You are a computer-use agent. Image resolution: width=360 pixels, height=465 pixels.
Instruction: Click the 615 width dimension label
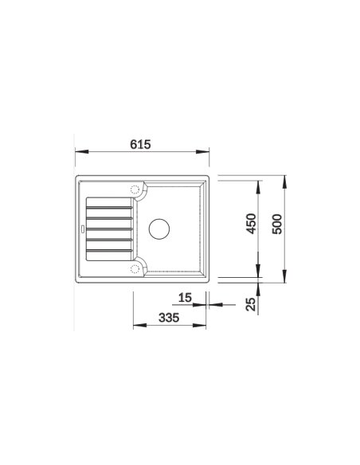(140, 144)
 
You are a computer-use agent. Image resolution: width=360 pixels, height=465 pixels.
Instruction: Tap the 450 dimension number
(251, 223)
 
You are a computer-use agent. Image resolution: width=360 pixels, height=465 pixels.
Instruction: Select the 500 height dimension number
(277, 224)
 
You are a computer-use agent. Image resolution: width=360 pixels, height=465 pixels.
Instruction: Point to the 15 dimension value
(185, 298)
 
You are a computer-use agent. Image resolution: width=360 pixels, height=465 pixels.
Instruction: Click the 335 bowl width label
(169, 318)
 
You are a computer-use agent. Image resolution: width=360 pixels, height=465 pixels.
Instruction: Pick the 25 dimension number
(251, 303)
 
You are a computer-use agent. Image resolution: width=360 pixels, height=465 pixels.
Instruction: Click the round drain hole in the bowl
(159, 229)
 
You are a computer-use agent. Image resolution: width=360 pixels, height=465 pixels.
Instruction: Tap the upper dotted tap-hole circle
(135, 190)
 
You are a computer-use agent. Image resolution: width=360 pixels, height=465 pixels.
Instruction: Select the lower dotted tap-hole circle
(135, 269)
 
